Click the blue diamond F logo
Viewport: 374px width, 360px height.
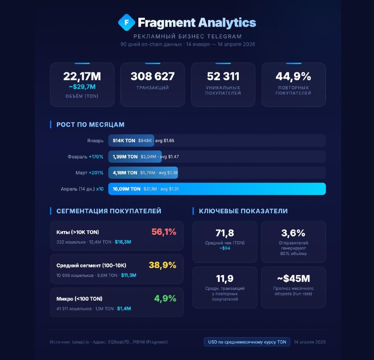point(126,22)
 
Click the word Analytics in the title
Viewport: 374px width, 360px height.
point(227,22)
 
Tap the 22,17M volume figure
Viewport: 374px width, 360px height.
point(82,76)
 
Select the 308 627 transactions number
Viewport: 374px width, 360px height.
point(153,76)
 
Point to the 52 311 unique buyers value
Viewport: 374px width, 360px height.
point(223,76)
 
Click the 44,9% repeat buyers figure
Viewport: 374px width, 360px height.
point(294,76)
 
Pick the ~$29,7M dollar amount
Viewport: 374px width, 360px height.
point(82,87)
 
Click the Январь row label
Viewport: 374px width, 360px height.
point(95,141)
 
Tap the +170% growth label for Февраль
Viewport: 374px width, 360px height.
point(96,156)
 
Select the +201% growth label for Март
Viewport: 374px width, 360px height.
point(96,173)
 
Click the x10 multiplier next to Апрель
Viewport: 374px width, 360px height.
point(100,189)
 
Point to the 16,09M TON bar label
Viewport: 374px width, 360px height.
point(127,189)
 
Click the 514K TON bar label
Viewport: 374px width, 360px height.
point(124,141)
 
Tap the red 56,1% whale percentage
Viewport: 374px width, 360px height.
point(164,232)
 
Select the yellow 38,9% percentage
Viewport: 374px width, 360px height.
point(162,265)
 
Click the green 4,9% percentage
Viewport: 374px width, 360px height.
point(165,298)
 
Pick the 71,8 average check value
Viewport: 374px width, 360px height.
point(225,233)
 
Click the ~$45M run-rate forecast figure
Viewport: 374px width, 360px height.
point(294,278)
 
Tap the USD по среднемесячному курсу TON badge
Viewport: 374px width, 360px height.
point(247,342)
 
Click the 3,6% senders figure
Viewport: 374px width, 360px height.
point(294,233)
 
